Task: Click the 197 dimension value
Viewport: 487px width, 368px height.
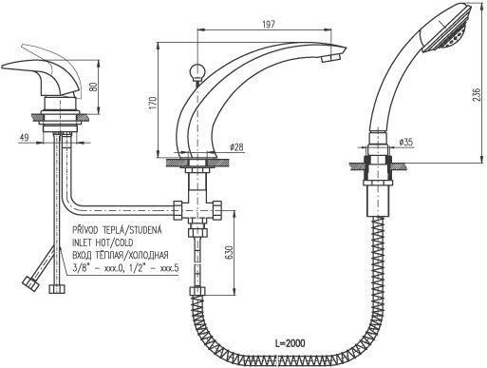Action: [269, 25]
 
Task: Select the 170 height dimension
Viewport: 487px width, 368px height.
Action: [153, 103]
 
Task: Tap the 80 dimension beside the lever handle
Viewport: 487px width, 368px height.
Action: [94, 86]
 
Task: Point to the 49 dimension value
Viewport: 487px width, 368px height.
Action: [24, 137]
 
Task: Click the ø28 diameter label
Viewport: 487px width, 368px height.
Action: [236, 146]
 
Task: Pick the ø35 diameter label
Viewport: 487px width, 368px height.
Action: [406, 142]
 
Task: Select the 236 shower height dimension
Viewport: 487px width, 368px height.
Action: [478, 93]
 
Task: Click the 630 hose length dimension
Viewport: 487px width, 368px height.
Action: [230, 252]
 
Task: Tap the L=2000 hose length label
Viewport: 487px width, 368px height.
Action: [290, 343]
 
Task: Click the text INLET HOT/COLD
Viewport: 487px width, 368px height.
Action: [103, 242]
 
